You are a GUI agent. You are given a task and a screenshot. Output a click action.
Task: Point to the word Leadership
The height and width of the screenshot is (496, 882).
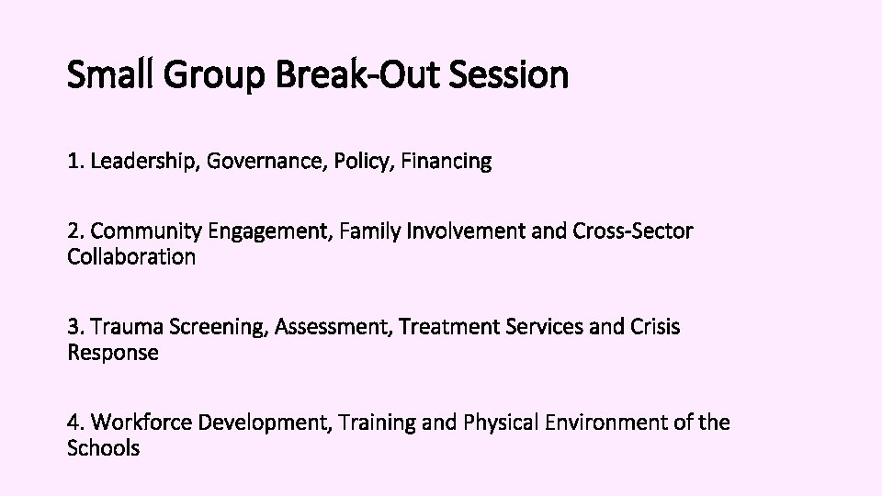pyautogui.click(x=144, y=162)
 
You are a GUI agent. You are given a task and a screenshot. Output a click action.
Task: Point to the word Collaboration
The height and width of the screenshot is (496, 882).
pyautogui.click(x=131, y=257)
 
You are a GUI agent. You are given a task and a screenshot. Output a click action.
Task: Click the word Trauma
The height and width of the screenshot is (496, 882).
pyautogui.click(x=124, y=327)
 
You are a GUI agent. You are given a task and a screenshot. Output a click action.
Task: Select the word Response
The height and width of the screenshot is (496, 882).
pyautogui.click(x=113, y=353)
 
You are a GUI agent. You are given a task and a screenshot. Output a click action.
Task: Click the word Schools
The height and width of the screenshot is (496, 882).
pyautogui.click(x=104, y=448)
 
